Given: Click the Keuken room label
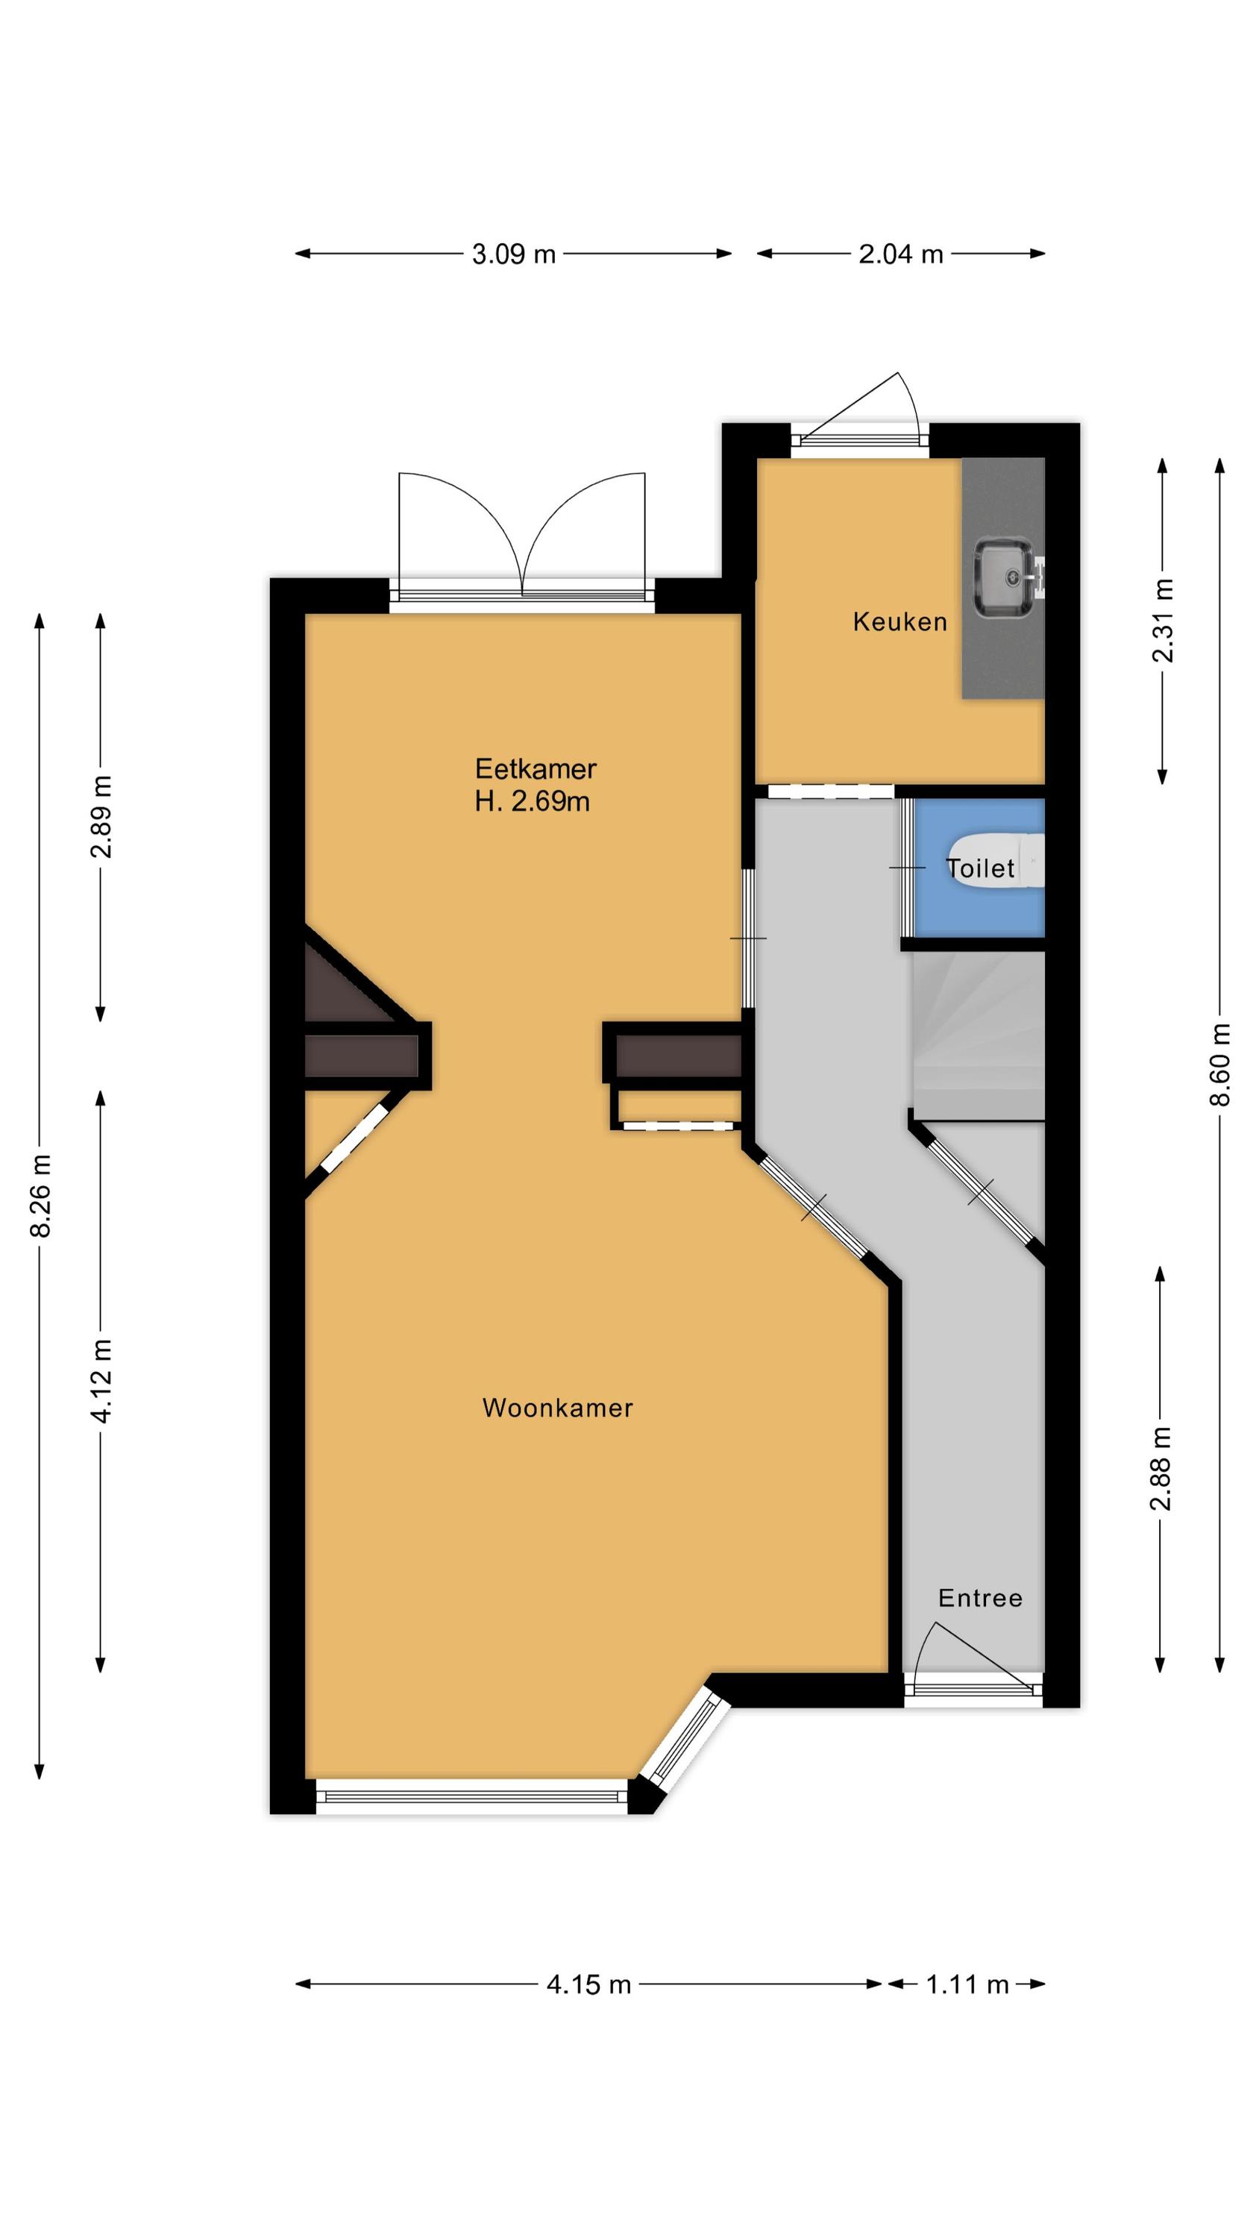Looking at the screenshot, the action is click(x=899, y=621).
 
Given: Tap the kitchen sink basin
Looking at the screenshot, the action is click(x=1004, y=577).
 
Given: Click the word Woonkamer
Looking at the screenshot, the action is click(x=557, y=1408).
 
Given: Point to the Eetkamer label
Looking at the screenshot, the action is click(x=536, y=769).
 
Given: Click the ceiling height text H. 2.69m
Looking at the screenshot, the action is click(x=532, y=801).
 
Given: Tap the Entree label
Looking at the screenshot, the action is click(x=980, y=1598).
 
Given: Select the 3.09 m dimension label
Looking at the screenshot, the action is click(x=513, y=254).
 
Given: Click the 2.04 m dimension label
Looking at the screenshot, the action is click(x=901, y=254).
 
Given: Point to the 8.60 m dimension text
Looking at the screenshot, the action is click(x=1220, y=1065).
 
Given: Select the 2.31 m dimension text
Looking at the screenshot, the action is click(x=1163, y=621).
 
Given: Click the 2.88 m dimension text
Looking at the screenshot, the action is click(x=1161, y=1468).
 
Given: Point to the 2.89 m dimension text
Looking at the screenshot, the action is click(x=101, y=817).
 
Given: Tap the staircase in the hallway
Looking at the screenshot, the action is click(x=978, y=1035).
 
